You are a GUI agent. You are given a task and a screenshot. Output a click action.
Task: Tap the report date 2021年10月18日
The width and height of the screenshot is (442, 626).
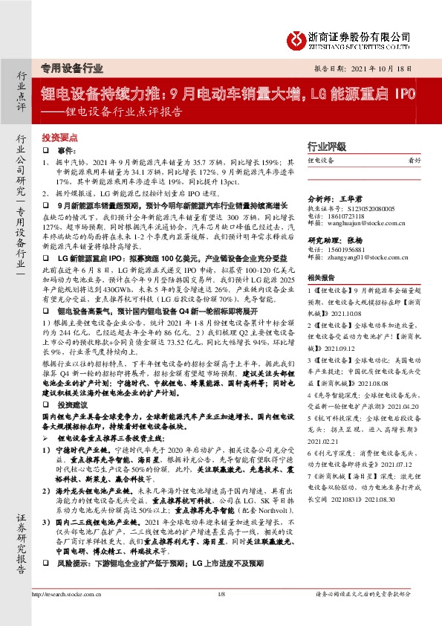(383, 67)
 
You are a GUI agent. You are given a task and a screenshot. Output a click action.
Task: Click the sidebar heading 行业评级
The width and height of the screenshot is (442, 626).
(327, 147)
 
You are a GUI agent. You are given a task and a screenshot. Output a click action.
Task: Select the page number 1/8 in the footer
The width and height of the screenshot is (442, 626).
(221, 614)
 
